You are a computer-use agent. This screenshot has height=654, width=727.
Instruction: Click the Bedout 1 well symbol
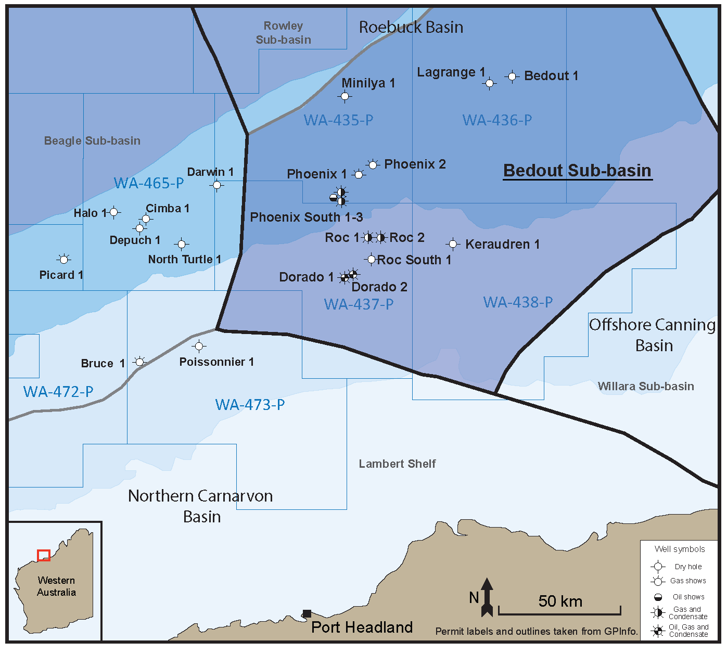click(x=512, y=76)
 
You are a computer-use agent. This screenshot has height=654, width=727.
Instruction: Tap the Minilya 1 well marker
click(x=345, y=96)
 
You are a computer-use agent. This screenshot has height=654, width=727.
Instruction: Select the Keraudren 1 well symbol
click(x=453, y=244)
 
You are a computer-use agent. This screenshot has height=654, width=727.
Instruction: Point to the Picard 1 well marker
click(x=64, y=259)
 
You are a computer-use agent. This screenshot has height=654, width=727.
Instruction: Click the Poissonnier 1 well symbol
click(x=199, y=346)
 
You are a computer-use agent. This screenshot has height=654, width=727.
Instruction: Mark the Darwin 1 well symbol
click(x=218, y=185)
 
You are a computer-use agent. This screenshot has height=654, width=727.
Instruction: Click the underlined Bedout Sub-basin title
click(x=577, y=171)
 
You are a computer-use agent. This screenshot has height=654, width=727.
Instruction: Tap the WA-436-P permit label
click(x=497, y=120)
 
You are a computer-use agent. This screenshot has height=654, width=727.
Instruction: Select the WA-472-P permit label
click(x=58, y=392)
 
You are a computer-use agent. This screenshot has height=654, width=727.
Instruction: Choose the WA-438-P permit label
click(x=518, y=302)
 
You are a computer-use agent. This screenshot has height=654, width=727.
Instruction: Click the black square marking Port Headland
click(x=307, y=614)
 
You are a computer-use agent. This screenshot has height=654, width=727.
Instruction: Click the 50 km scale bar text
click(x=560, y=601)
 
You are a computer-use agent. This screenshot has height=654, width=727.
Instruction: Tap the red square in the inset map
click(x=44, y=555)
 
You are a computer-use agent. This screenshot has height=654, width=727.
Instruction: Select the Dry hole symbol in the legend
click(x=658, y=567)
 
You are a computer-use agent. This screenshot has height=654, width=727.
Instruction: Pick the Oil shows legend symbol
click(x=658, y=597)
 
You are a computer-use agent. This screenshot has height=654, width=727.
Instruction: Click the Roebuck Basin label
click(x=411, y=27)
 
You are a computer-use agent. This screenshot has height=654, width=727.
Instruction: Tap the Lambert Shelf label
click(x=397, y=464)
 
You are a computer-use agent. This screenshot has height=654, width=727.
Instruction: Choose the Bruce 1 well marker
click(x=139, y=362)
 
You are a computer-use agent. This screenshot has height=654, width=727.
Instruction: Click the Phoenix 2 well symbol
click(x=373, y=165)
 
